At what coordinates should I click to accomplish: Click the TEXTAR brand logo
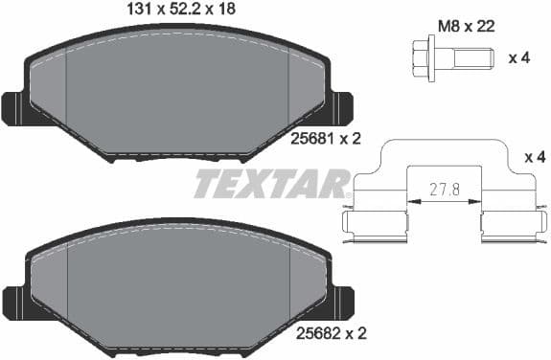tap(272, 183)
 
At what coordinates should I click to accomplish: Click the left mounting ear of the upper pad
tap(15, 107)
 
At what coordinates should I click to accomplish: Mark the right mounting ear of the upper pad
tap(341, 107)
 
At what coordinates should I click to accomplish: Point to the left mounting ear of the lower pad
tap(15, 300)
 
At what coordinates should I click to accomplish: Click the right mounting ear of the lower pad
tap(341, 300)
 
